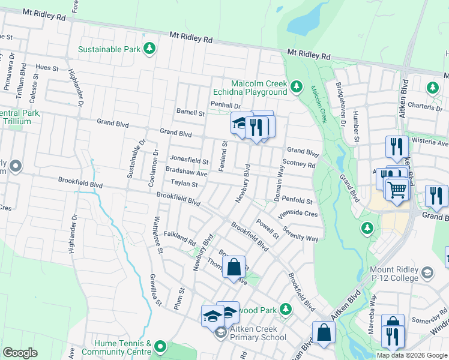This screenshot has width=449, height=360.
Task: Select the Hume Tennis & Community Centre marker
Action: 160,346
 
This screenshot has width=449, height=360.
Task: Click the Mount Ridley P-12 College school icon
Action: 427,274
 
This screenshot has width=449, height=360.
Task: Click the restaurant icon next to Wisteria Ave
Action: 397,146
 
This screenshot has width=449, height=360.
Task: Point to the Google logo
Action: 20,353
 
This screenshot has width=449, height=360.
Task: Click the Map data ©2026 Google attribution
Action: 411,355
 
